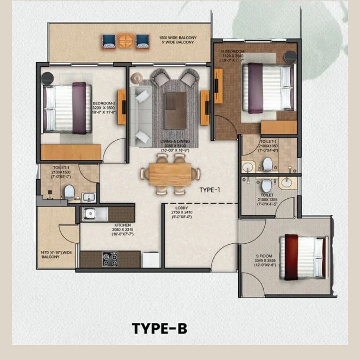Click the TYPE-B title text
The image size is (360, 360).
tap(159, 328)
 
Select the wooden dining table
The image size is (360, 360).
tap(170, 174)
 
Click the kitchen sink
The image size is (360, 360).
tap(95, 214)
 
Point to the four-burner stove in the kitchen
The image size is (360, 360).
tap(110, 259)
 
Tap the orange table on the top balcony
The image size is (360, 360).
tap(126, 41)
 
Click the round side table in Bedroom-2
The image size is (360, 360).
tap(47, 79)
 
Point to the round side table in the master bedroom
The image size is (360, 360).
tap(290, 57)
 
